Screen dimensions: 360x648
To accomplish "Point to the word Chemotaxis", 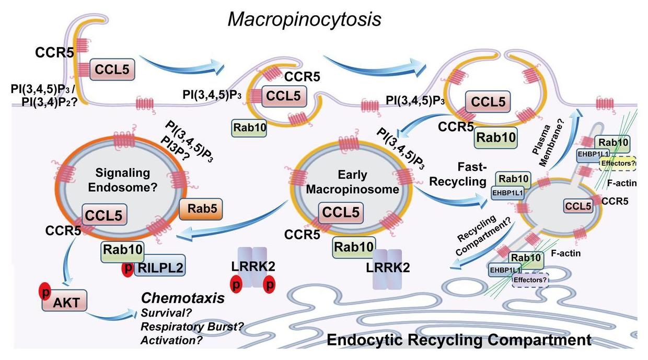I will click(x=183, y=298).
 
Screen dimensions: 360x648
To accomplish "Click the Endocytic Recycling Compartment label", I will click(x=459, y=340).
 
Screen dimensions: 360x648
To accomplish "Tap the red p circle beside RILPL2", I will click(x=127, y=268).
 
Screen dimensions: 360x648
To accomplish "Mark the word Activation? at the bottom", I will click(x=171, y=340).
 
